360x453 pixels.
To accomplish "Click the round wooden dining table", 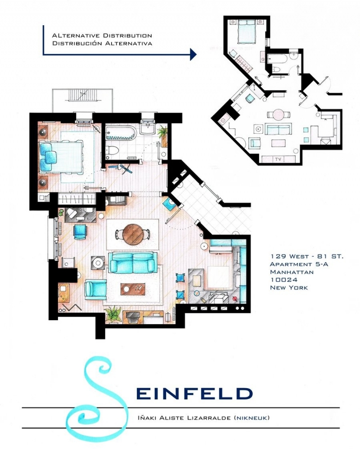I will pyautogui.click(x=132, y=232).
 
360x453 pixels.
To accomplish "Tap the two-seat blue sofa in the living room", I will pyautogui.click(x=132, y=262).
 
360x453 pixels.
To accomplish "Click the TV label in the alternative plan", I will pyautogui.click(x=278, y=159).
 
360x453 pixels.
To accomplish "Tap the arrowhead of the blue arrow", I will pyautogui.click(x=193, y=54).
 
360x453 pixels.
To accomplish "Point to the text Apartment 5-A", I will pyautogui.click(x=299, y=264).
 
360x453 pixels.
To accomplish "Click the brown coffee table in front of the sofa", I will pyautogui.click(x=132, y=288).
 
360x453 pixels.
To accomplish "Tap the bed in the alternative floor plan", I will pyautogui.click(x=246, y=33).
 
